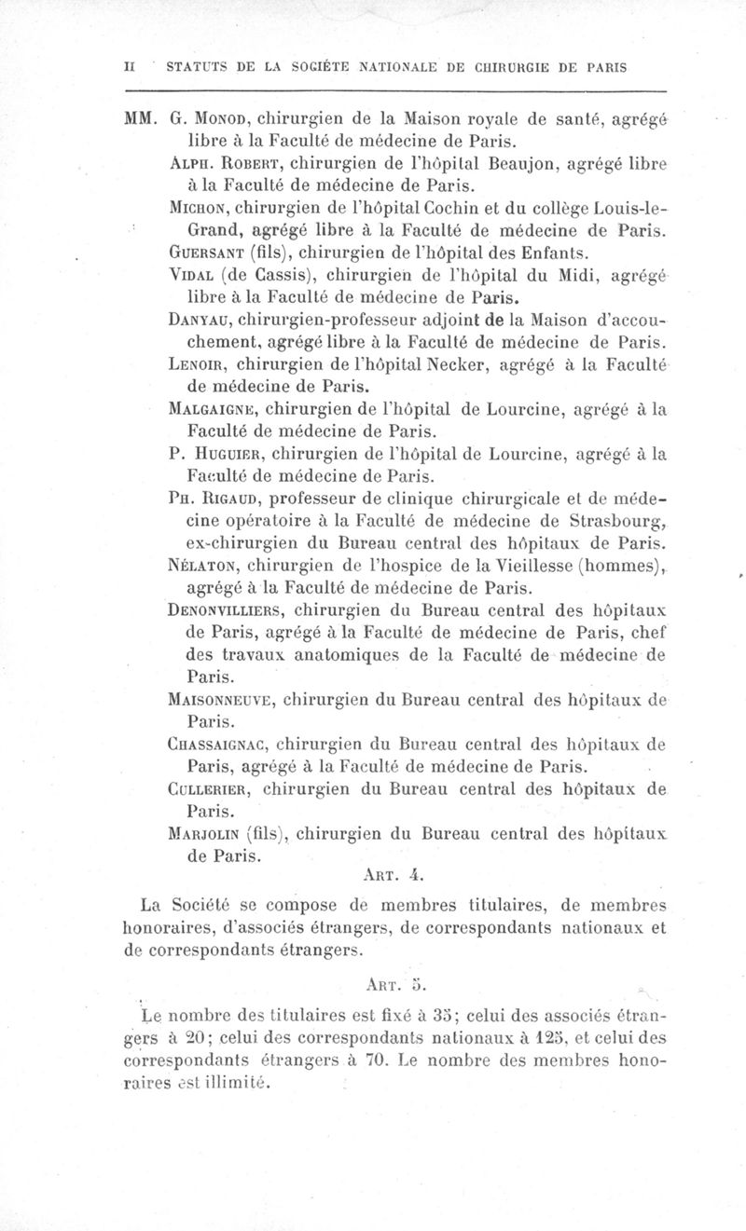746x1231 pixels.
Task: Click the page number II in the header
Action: pos(131,67)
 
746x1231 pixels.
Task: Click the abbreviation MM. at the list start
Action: pos(140,118)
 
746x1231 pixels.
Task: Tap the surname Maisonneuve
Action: pos(240,700)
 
